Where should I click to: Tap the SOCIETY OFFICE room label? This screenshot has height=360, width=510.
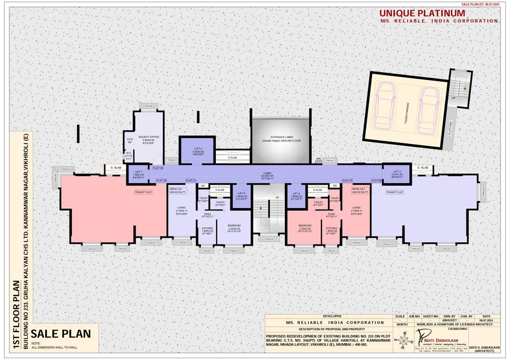pyautogui.click(x=148, y=137)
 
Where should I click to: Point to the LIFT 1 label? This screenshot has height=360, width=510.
pyautogui.click(x=138, y=172)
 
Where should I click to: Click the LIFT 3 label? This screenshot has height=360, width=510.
pyautogui.click(x=397, y=172)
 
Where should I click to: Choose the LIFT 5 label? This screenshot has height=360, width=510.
pyautogui.click(x=241, y=193)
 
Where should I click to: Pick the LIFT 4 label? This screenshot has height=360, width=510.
pyautogui.click(x=296, y=193)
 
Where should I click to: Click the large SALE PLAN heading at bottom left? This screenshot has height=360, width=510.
pyautogui.click(x=64, y=334)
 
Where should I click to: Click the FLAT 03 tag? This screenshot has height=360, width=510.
pyautogui.click(x=158, y=168)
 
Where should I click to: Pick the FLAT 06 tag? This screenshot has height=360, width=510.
pyautogui.click(x=376, y=180)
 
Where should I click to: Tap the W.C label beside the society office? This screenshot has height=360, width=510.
pyautogui.click(x=128, y=153)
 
